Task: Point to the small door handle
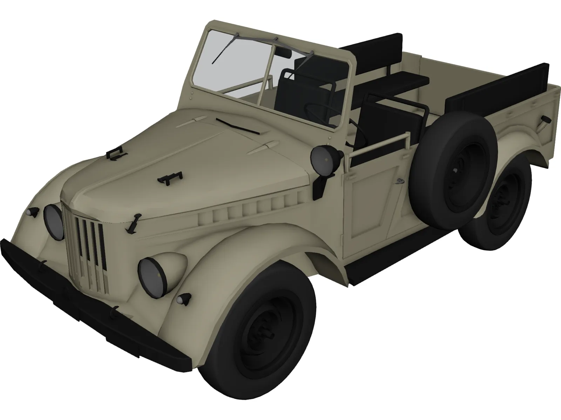coord(399,181)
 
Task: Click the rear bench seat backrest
coord(372,52)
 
